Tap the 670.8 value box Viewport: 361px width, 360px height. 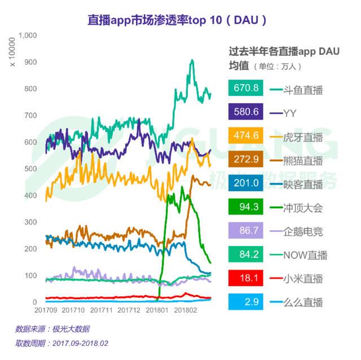[x=248, y=88]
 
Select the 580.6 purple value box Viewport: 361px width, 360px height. [x=248, y=112]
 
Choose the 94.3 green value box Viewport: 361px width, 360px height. [x=248, y=207]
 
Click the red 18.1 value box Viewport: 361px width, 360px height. [x=248, y=279]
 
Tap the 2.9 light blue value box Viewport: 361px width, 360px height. [x=248, y=302]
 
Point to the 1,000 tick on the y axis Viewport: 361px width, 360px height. [x=28, y=35]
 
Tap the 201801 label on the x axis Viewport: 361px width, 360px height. [x=157, y=310]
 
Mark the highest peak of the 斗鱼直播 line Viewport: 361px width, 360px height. [x=192, y=60]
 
